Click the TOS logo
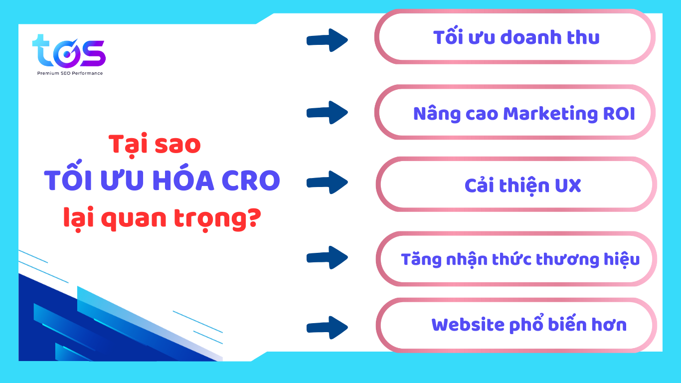pyautogui.click(x=69, y=51)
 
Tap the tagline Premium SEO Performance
pyautogui.click(x=70, y=73)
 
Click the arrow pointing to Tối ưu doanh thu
pyautogui.click(x=327, y=40)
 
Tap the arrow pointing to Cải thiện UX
pyautogui.click(x=327, y=182)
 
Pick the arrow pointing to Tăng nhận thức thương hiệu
pyautogui.click(x=327, y=258)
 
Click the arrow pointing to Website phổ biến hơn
pyautogui.click(x=327, y=327)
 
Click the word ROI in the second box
pyautogui.click(x=618, y=114)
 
